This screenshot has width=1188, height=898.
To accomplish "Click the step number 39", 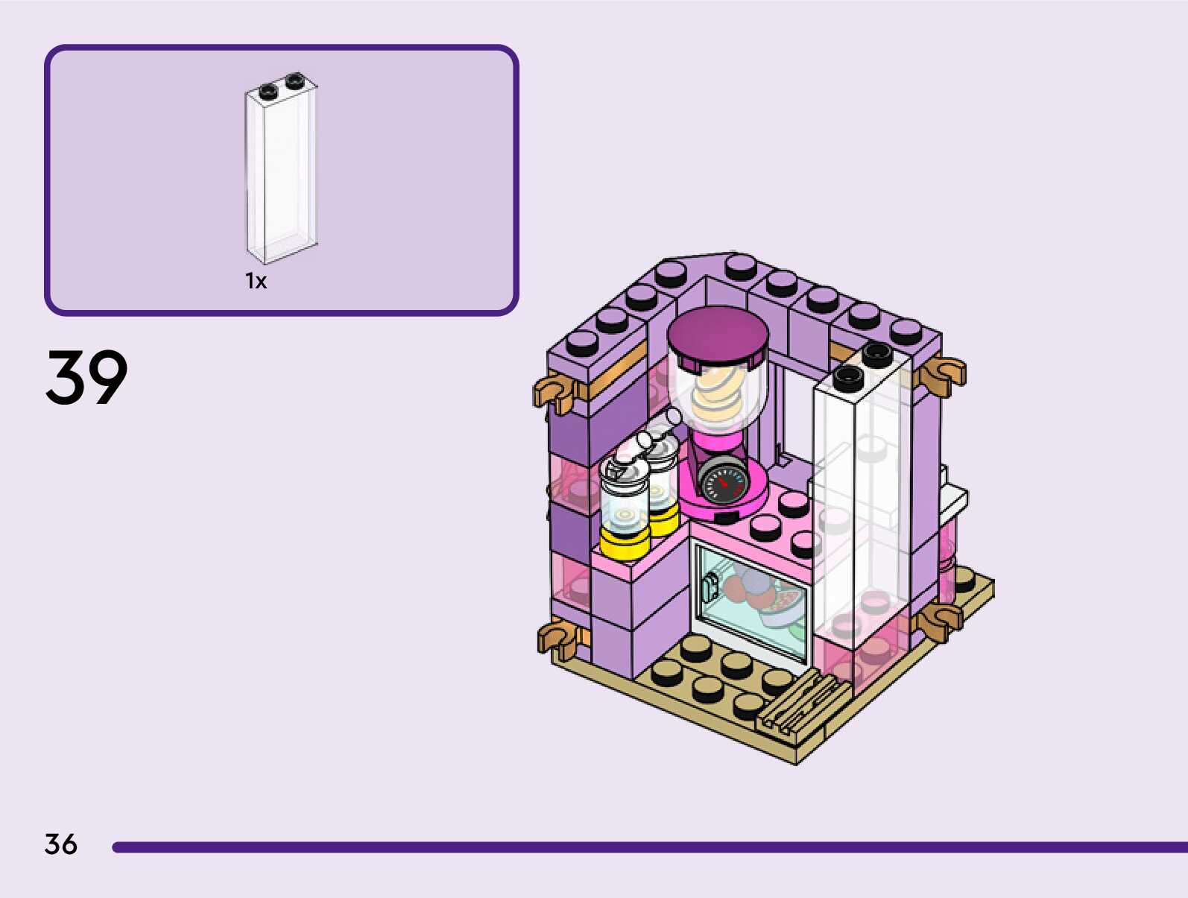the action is tap(86, 378).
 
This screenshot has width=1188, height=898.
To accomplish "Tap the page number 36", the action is tap(60, 844).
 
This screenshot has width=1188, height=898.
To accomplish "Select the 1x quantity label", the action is tap(256, 281).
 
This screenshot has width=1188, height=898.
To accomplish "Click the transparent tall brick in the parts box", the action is tap(282, 171).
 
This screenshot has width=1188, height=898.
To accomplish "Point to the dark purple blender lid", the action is tap(718, 335).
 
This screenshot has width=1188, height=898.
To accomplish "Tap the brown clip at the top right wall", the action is tap(943, 373).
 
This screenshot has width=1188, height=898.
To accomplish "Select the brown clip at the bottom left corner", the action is tap(557, 639).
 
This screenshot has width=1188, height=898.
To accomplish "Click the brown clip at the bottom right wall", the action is tap(939, 621).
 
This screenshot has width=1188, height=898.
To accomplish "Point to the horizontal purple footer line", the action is tap(648, 847).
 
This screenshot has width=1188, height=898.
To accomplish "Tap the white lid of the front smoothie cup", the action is tap(624, 466).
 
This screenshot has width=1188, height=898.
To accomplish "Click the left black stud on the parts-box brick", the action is tap(268, 92).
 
